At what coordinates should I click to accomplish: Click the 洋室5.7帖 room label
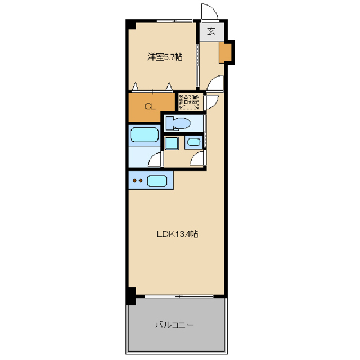164,57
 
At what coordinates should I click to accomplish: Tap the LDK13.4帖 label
177,235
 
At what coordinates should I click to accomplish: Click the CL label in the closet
149,106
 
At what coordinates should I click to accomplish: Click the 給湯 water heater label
189,102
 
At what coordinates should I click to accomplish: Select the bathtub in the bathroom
144,135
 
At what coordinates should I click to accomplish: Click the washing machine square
172,143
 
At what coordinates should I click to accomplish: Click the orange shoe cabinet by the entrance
226,52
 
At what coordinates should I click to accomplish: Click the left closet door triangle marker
136,86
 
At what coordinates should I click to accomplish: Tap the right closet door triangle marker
169,86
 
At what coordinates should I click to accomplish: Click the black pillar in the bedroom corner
130,25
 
